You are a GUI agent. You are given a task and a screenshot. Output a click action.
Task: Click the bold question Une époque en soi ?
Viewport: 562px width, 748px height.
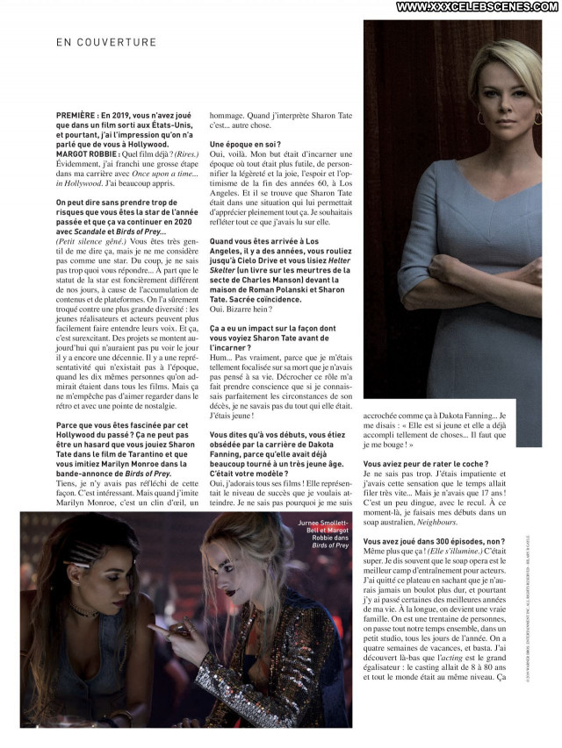click(245, 143)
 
